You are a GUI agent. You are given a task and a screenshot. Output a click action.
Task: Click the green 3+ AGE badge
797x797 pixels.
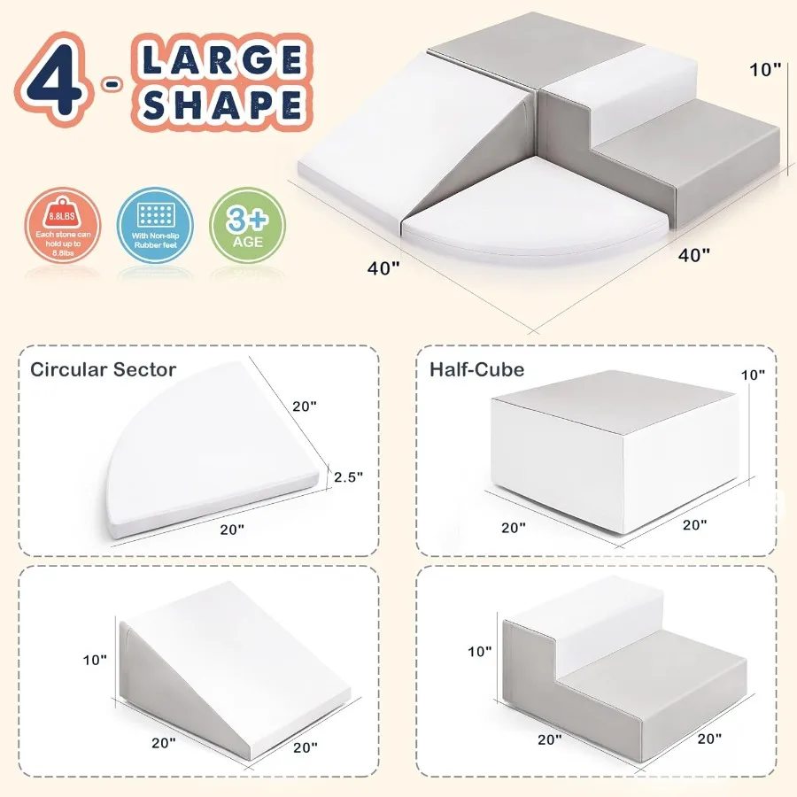246,225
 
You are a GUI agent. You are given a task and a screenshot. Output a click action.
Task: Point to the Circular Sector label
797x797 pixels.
104,369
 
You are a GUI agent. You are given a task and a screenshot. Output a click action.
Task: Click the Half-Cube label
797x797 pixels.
476,369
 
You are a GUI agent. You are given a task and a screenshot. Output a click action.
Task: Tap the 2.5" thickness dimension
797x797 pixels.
348,477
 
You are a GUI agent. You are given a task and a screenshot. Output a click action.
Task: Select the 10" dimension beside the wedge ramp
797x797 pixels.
96,660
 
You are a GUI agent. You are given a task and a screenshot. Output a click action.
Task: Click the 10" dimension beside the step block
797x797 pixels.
479,652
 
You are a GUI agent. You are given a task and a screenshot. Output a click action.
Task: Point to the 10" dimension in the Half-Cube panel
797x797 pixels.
752,375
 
